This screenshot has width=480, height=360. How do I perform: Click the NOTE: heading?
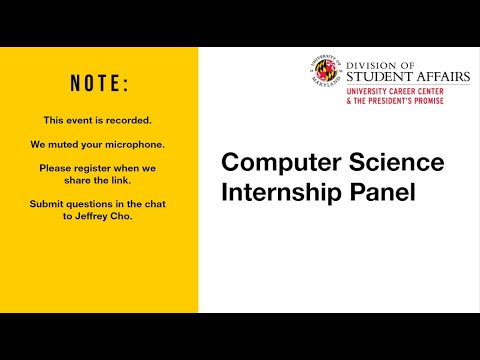point(98,83)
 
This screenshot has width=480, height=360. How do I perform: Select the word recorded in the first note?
point(128,119)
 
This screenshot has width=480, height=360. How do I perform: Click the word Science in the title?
point(390,163)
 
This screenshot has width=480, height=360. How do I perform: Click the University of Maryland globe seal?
point(326,71)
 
